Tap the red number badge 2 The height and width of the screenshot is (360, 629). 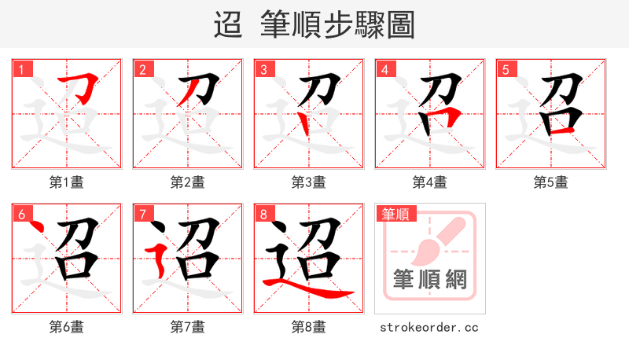click(142, 70)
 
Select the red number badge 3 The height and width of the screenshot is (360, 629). click(263, 70)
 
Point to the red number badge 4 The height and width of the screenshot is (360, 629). click(384, 70)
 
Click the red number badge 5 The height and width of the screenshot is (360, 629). click(506, 70)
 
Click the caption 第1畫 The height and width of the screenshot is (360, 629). click(67, 182)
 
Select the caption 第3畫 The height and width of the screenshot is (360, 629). click(309, 182)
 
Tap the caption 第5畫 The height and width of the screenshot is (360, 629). click(551, 182)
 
